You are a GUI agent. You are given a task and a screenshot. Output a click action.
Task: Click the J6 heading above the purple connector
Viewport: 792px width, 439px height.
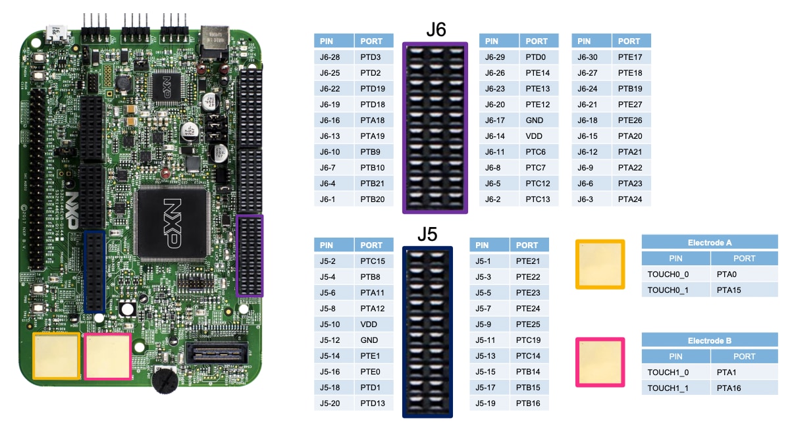(436, 30)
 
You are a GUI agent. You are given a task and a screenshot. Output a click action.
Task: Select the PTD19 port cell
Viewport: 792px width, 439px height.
(373, 89)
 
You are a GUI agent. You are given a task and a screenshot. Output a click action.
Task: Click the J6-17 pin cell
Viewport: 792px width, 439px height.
(495, 120)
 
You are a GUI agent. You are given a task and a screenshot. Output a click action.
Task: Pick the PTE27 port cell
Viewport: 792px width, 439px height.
(630, 105)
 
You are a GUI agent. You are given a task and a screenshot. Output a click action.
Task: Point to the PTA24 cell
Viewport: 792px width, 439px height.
(630, 199)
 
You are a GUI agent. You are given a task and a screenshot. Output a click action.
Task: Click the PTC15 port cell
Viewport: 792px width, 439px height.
(372, 261)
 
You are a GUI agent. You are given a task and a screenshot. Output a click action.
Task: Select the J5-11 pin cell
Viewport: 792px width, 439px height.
(485, 340)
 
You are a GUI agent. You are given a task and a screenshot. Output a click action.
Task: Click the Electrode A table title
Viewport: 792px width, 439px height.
(710, 242)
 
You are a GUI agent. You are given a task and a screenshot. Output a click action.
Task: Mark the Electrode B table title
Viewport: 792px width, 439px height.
(710, 341)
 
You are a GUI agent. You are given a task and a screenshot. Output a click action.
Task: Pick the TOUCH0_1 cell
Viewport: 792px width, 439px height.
(668, 290)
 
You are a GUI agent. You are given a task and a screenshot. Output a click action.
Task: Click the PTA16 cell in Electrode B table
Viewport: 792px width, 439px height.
(728, 388)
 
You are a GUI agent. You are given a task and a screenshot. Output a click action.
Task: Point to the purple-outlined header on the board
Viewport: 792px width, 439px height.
(250, 255)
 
